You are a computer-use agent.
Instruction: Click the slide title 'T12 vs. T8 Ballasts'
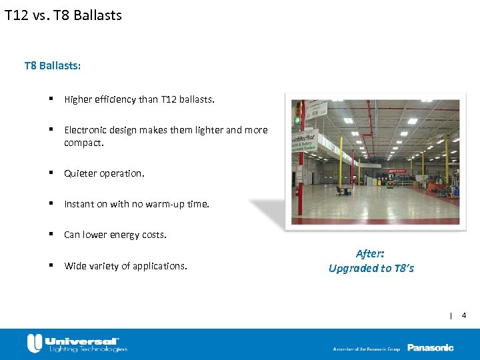pyautogui.click(x=63, y=15)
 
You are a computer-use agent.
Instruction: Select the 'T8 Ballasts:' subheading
pyautogui.click(x=53, y=66)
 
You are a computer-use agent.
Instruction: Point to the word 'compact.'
pyautogui.click(x=84, y=143)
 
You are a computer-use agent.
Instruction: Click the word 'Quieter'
pyautogui.click(x=80, y=173)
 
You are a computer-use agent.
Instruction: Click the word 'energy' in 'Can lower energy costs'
pyautogui.click(x=123, y=235)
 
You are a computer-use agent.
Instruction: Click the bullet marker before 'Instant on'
pyautogui.click(x=51, y=204)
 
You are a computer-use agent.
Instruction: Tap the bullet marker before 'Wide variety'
pyautogui.click(x=51, y=265)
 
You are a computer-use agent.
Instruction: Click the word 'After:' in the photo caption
pyautogui.click(x=370, y=254)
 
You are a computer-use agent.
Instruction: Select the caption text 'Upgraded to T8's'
pyautogui.click(x=371, y=268)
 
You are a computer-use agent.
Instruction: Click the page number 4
pyautogui.click(x=464, y=315)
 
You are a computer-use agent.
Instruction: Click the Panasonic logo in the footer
pyautogui.click(x=430, y=347)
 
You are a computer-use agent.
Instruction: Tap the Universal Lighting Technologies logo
pyautogui.click(x=77, y=343)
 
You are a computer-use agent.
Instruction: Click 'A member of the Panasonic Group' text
pyautogui.click(x=367, y=349)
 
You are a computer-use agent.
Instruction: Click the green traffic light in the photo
pyautogui.click(x=297, y=120)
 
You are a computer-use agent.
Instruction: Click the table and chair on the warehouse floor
pyautogui.click(x=344, y=190)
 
